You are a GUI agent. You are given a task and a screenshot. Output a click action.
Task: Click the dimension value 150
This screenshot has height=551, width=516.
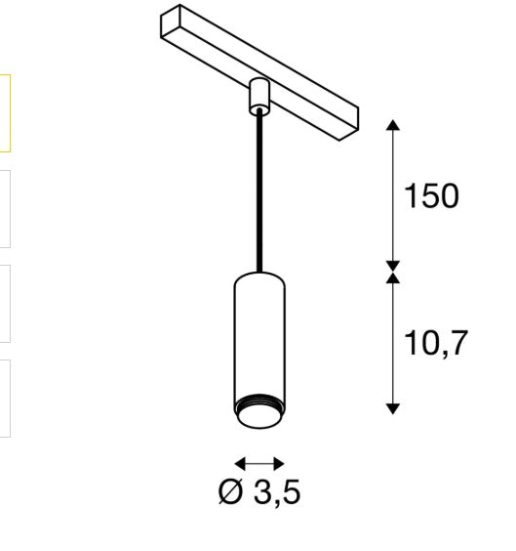click(x=430, y=196)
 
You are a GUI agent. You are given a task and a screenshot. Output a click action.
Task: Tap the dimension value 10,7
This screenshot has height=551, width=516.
click(x=436, y=343)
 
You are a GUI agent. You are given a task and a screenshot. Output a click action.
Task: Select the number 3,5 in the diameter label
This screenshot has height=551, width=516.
click(x=277, y=492)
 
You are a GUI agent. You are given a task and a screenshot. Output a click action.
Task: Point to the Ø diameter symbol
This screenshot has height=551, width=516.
click(x=230, y=492)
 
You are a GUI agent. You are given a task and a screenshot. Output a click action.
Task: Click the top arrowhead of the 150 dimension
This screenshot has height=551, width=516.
click(x=392, y=125)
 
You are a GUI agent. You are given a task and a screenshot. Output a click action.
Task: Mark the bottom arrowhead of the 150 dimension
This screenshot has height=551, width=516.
click(x=392, y=264)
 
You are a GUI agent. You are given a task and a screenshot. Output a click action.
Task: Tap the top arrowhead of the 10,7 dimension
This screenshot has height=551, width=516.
click(x=392, y=278)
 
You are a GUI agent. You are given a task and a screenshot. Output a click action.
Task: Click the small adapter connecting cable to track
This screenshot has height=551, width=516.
click(x=259, y=95)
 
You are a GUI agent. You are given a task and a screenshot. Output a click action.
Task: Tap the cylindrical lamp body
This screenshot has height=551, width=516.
click(x=259, y=332)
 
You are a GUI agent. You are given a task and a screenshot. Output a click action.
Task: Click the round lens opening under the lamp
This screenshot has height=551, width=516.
click(x=259, y=418)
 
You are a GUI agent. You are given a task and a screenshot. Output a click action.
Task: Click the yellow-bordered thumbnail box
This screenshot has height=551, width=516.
click(x=5, y=113)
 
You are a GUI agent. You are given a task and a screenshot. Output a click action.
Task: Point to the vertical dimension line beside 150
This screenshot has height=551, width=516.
click(x=392, y=195)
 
